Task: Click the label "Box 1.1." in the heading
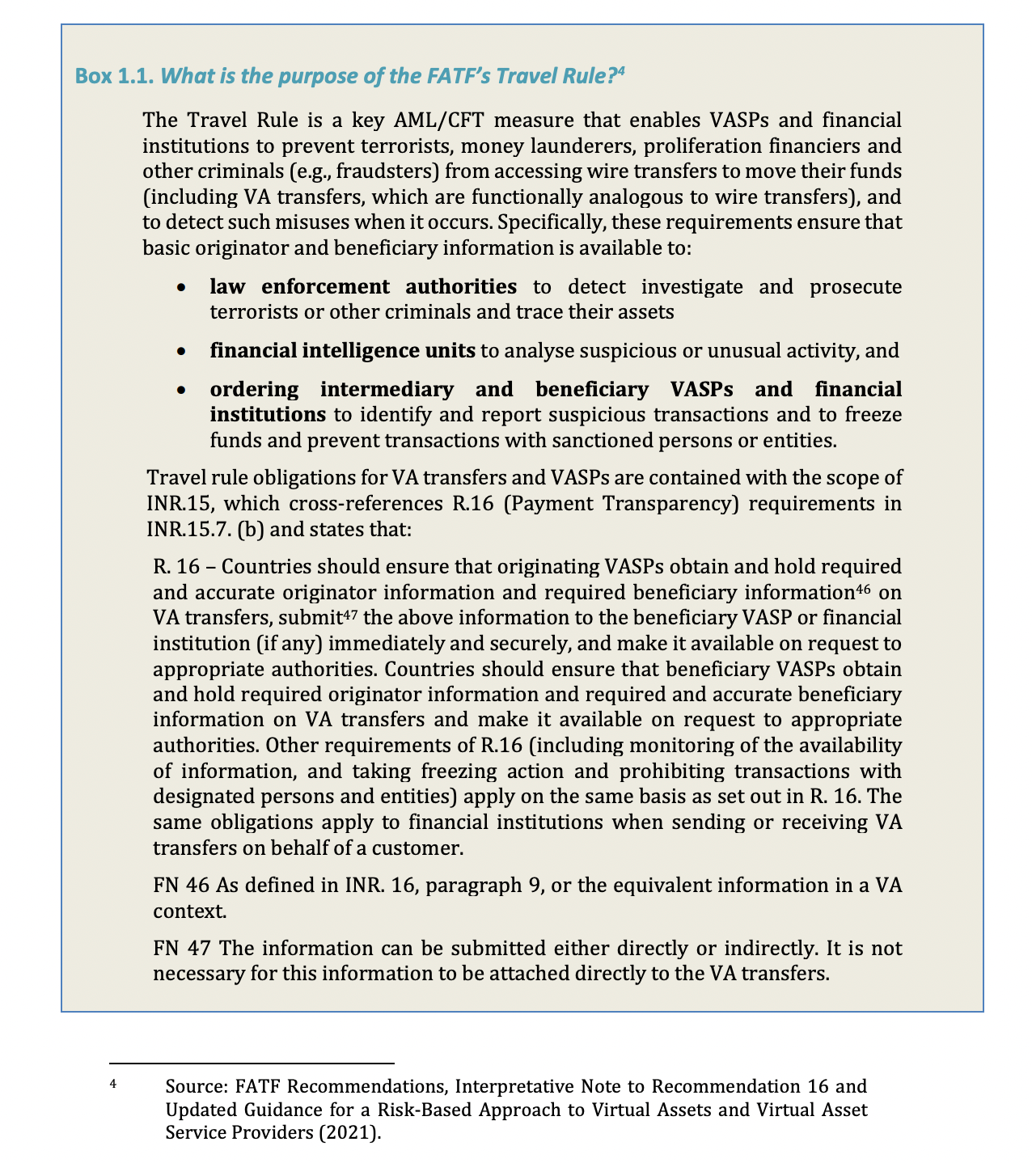114,77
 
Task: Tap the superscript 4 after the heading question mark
622,72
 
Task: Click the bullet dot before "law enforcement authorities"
184,287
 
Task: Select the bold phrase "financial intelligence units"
342,350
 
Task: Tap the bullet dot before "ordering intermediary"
184,390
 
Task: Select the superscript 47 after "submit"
349,612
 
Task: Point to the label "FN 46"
180,885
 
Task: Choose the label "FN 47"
180,948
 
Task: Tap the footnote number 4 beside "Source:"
113,1082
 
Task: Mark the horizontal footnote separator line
251,1063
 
